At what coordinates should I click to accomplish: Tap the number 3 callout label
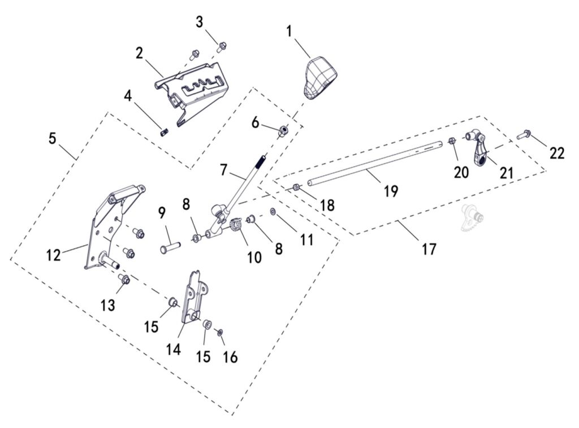click(200, 23)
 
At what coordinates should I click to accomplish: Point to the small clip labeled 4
click(164, 133)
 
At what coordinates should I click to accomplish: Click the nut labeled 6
click(283, 131)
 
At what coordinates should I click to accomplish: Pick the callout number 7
click(223, 169)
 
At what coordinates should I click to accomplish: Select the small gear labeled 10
click(237, 229)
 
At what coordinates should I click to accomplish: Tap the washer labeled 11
click(273, 211)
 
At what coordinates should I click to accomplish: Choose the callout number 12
click(53, 255)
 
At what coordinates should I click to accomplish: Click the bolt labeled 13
click(126, 279)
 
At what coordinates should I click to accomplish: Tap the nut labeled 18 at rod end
click(296, 187)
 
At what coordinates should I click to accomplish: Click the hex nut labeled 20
click(452, 141)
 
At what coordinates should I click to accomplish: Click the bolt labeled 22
click(522, 135)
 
